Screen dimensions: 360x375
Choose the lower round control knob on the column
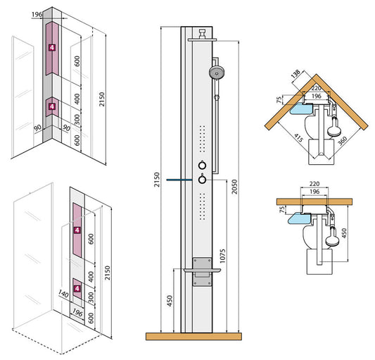[x=203, y=180]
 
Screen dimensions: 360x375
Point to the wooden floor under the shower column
[x=201, y=336]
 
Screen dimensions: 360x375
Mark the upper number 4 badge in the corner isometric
[x=51, y=47]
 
